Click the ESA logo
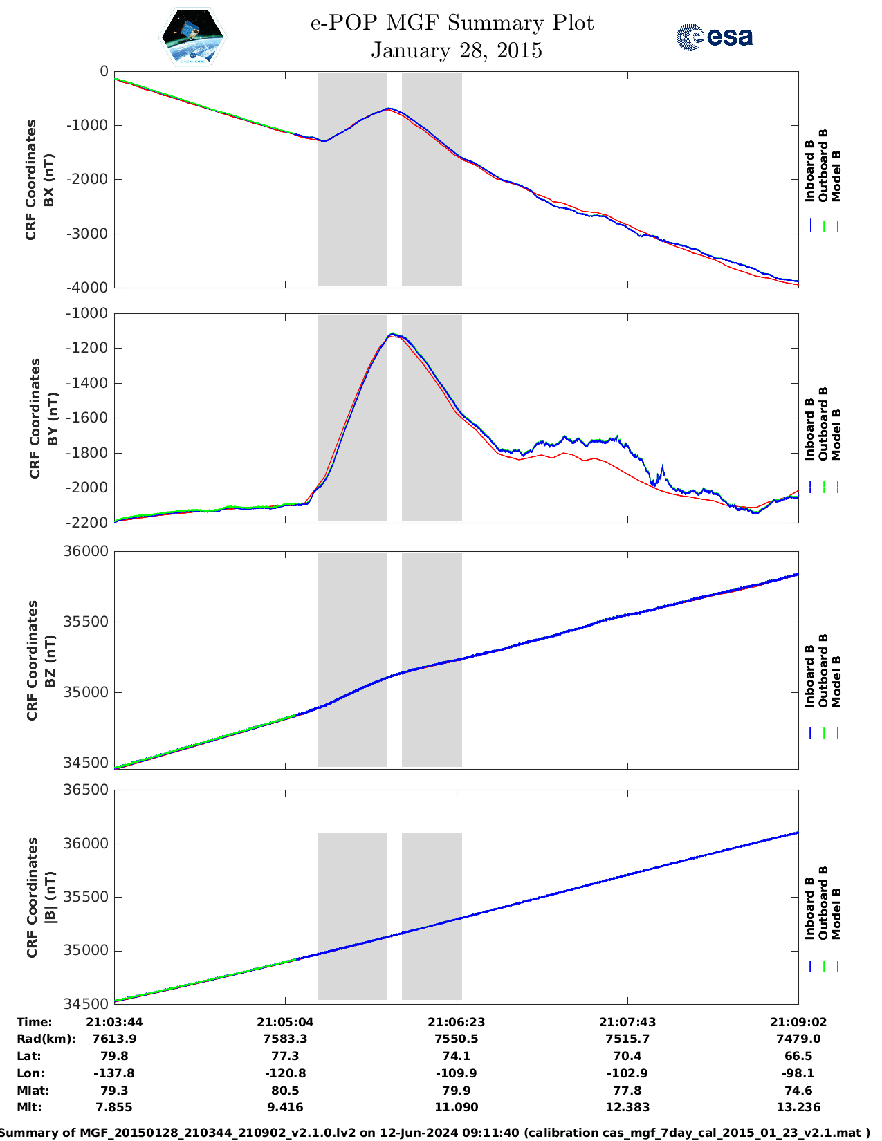pos(714,37)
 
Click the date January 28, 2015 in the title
pos(456,50)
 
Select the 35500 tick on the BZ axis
pos(86,622)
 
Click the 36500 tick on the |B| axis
pos(86,790)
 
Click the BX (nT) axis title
pos(49,180)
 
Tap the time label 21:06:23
pos(456,1022)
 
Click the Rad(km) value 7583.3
pos(285,1039)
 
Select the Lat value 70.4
pos(627,1056)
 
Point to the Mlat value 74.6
pos(798,1091)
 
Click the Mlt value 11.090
pos(456,1107)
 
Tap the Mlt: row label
pos(29,1107)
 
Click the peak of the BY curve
pos(392,334)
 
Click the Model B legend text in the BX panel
pos(836,176)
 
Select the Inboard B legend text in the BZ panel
pos(810,676)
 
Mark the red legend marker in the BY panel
pos(837,487)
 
